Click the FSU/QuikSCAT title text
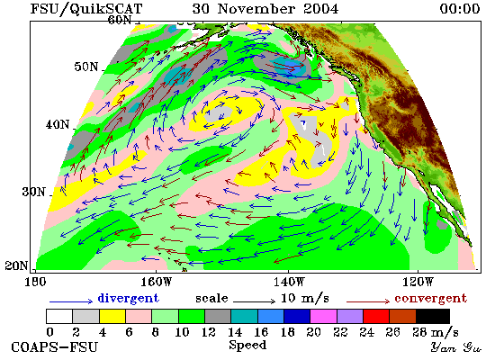pos(86,9)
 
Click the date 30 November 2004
pos(265,8)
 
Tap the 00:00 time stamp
pos(460,8)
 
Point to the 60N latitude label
pos(120,20)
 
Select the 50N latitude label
pos(85,67)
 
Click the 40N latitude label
pos(57,125)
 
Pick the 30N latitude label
pos(33,192)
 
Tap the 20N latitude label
pos(16,265)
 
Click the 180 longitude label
pos(35,282)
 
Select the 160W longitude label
pos(156,282)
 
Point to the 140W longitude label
pos(289,282)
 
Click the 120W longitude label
pos(418,282)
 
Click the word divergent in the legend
pos(128,298)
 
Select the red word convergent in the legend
pos(430,299)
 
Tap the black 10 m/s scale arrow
pos(254,301)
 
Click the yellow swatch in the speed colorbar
pos(112,316)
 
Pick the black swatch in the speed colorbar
pos(433,316)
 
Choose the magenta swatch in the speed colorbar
pos(323,316)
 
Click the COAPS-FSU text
pos(54,347)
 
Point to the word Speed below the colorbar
pos(247,346)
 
